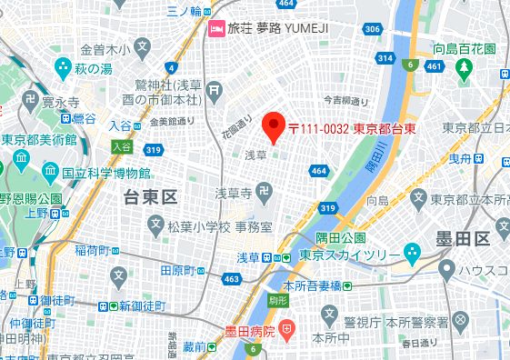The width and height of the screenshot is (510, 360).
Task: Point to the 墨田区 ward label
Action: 464,238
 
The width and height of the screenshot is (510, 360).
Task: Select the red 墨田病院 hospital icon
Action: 285,329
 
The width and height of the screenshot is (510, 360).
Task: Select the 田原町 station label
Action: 179,270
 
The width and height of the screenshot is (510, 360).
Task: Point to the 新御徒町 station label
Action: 137,305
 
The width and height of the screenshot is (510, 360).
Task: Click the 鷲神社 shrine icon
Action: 214,89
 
